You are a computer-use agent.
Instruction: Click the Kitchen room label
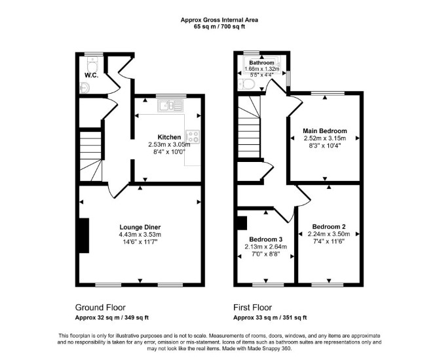169,137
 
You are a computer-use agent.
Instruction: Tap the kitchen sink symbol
170,106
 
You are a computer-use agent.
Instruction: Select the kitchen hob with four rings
193,137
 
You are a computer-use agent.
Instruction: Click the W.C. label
91,75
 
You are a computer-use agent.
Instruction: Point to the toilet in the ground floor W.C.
92,64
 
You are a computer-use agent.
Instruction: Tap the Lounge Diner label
140,227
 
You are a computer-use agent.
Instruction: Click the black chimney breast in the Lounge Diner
84,235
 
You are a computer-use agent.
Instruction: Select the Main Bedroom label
325,131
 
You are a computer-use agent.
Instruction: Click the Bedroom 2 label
329,227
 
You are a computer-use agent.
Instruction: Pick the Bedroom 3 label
266,239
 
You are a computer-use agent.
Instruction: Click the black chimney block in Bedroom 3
242,223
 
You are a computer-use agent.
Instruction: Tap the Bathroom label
262,62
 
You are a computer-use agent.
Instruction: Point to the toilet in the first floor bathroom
246,84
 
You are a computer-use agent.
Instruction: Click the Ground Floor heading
100,308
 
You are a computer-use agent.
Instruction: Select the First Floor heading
252,308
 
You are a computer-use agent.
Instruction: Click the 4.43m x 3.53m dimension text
140,235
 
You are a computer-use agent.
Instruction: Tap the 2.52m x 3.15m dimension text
325,138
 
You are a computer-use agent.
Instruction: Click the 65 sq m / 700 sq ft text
220,27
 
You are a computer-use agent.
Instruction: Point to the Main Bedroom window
328,93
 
